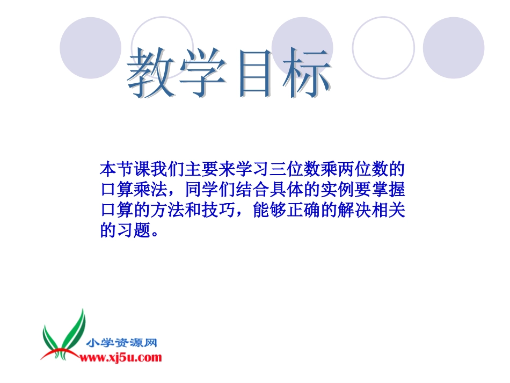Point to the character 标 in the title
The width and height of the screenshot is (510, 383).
[304, 74]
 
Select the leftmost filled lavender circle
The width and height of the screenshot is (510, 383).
[90, 48]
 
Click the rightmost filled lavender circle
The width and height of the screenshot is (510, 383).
[453, 48]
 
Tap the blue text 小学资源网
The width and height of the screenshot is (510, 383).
[121, 343]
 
